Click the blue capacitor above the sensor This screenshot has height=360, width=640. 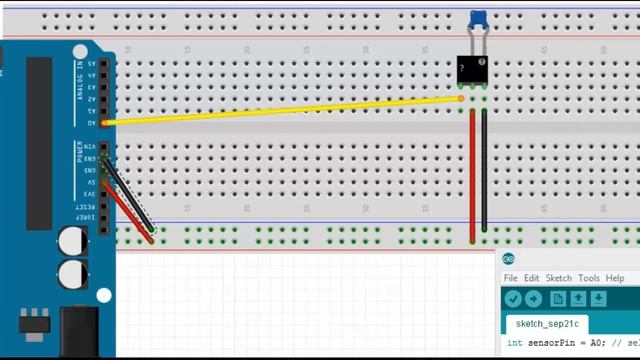point(479,19)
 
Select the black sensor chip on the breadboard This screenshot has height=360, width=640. point(472,69)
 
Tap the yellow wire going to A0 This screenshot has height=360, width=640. point(280,110)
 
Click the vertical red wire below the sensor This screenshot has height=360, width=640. point(472,175)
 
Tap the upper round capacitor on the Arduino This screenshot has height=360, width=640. point(71,241)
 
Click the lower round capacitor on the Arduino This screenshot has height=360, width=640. point(71,274)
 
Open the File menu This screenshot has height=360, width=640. point(510,278)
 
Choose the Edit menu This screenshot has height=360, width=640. point(532,278)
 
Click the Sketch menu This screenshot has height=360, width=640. point(558,278)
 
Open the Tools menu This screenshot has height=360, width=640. point(588,278)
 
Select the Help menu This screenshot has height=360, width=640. point(614,278)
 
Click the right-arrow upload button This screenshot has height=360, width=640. point(533,299)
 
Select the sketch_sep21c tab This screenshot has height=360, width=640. point(547,324)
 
